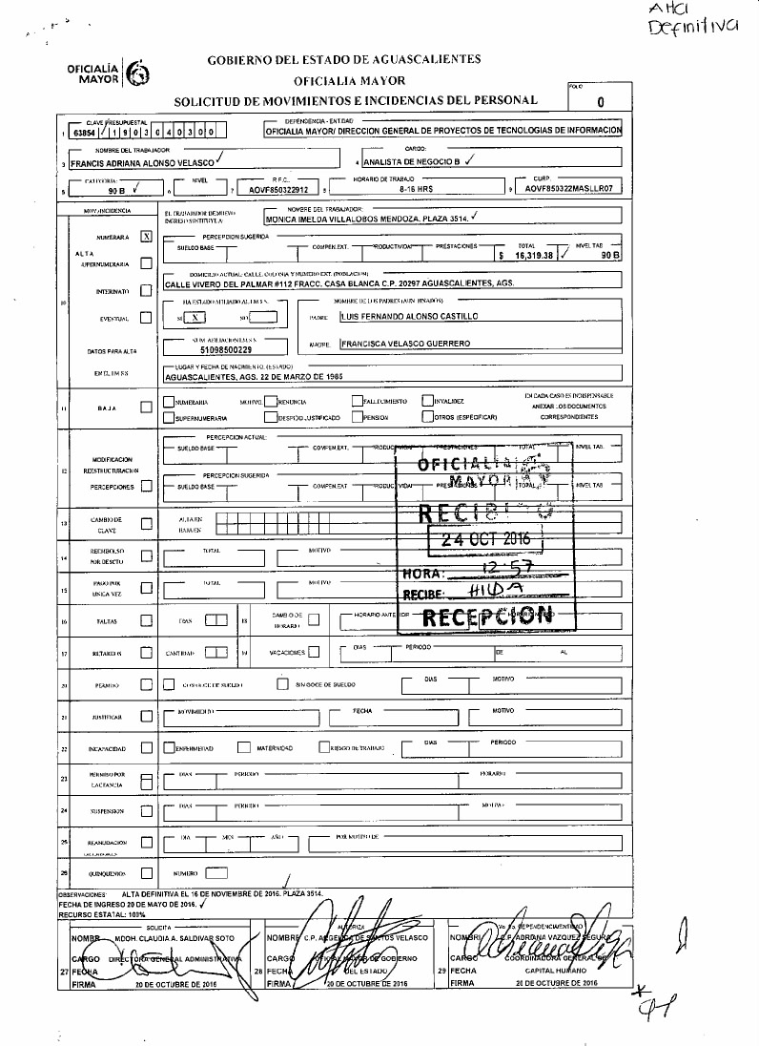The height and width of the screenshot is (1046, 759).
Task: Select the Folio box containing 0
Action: pos(600,101)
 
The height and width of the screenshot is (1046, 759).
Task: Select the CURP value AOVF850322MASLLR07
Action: pos(570,189)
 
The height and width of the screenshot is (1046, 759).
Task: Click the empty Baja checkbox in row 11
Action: pos(146,408)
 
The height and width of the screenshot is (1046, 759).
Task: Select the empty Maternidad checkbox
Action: pos(244,747)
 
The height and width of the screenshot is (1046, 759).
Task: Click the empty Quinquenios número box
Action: pos(216,872)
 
